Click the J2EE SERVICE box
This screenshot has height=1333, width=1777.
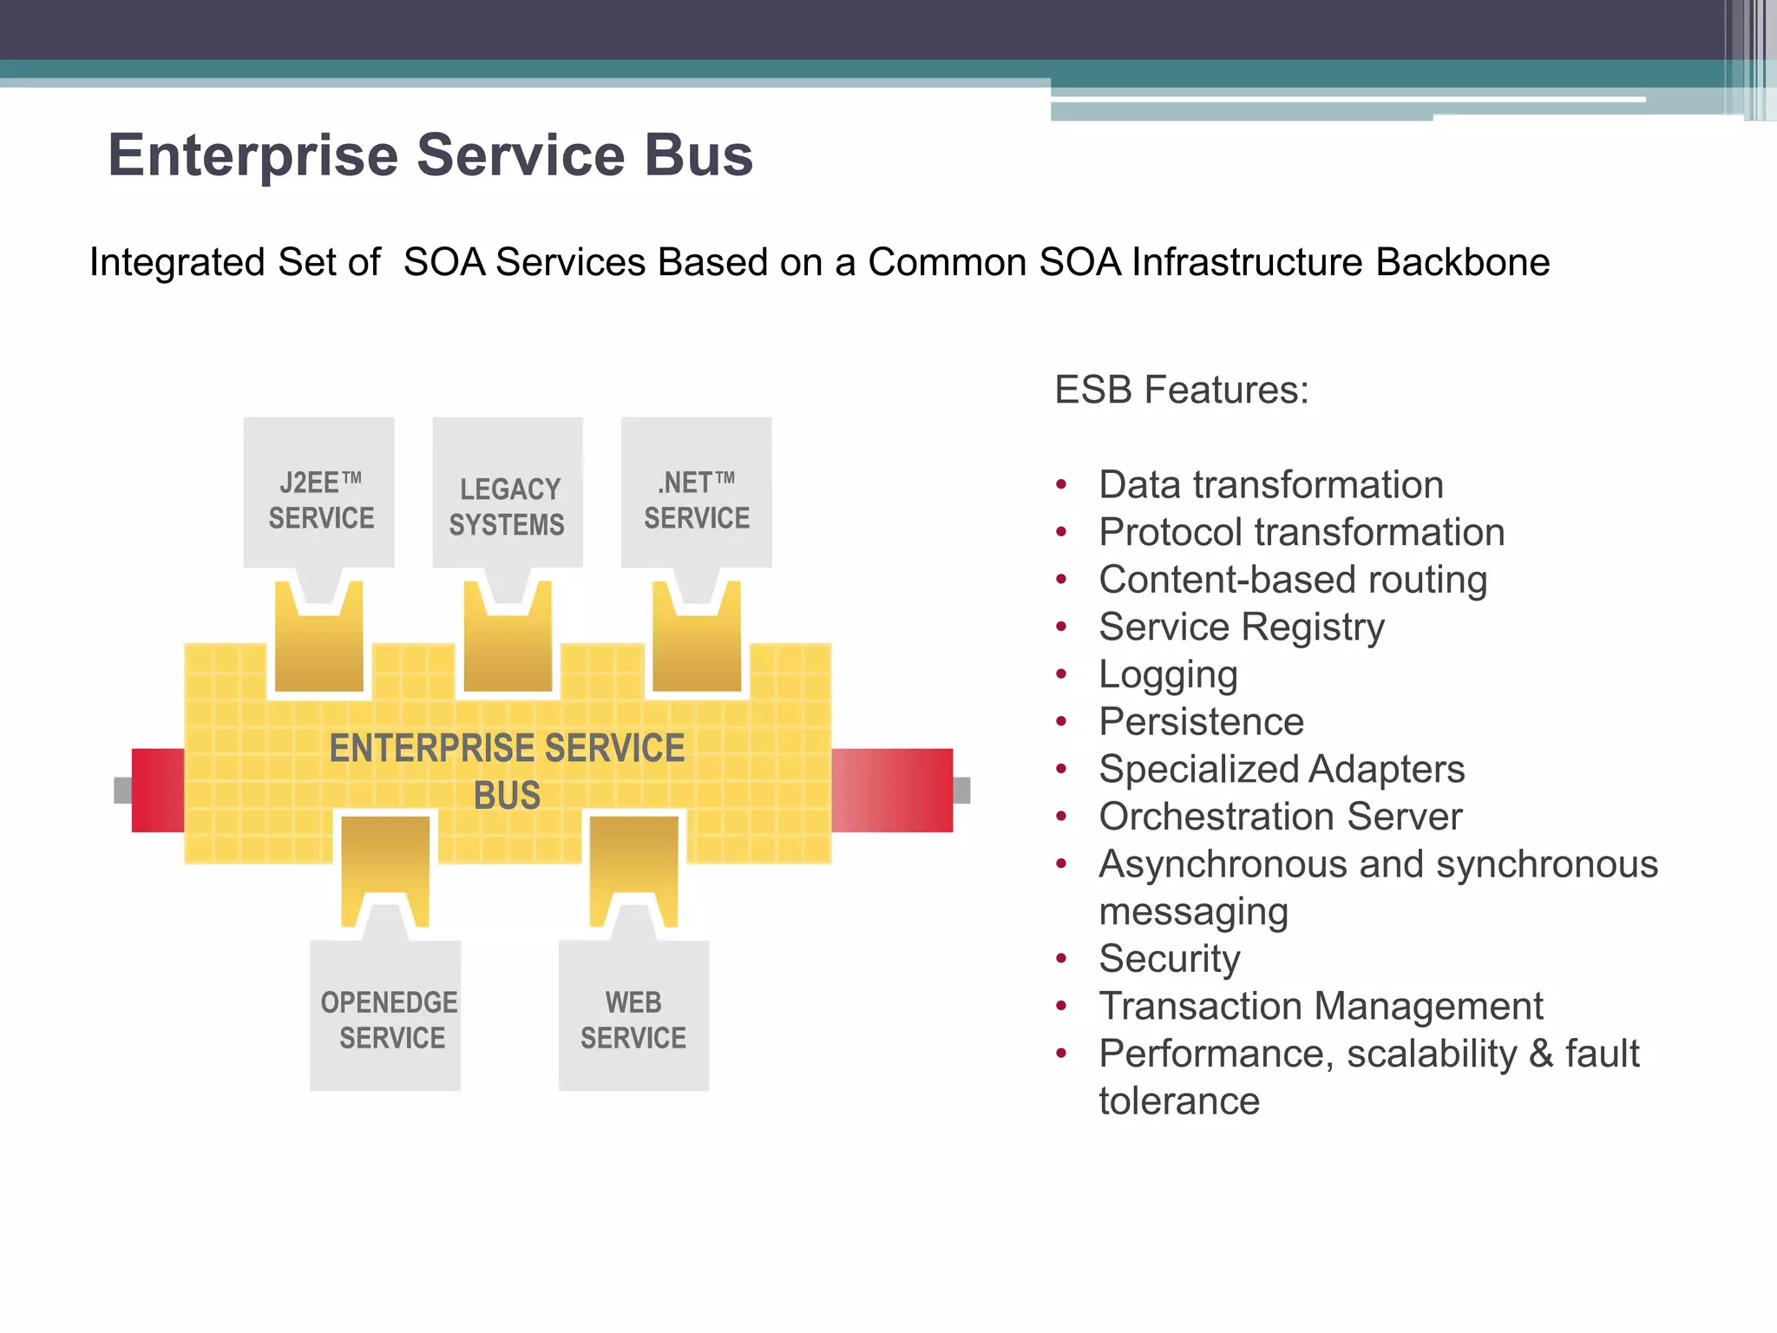(319, 493)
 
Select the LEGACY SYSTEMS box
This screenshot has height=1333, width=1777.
(508, 493)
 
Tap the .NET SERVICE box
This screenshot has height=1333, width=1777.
(696, 493)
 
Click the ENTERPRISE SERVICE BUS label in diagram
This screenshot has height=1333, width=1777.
(508, 771)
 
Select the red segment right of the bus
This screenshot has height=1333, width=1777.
(892, 790)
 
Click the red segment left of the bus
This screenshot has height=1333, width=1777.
(158, 790)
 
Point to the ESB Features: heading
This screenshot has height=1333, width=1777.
(1181, 390)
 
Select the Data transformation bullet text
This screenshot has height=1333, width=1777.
(1270, 484)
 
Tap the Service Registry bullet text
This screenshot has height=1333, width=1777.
(1241, 627)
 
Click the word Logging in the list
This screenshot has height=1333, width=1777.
(1168, 674)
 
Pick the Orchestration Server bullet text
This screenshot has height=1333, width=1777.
(1280, 817)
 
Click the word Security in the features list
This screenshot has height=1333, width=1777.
(1169, 959)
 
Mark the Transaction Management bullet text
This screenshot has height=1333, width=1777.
(1320, 1007)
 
